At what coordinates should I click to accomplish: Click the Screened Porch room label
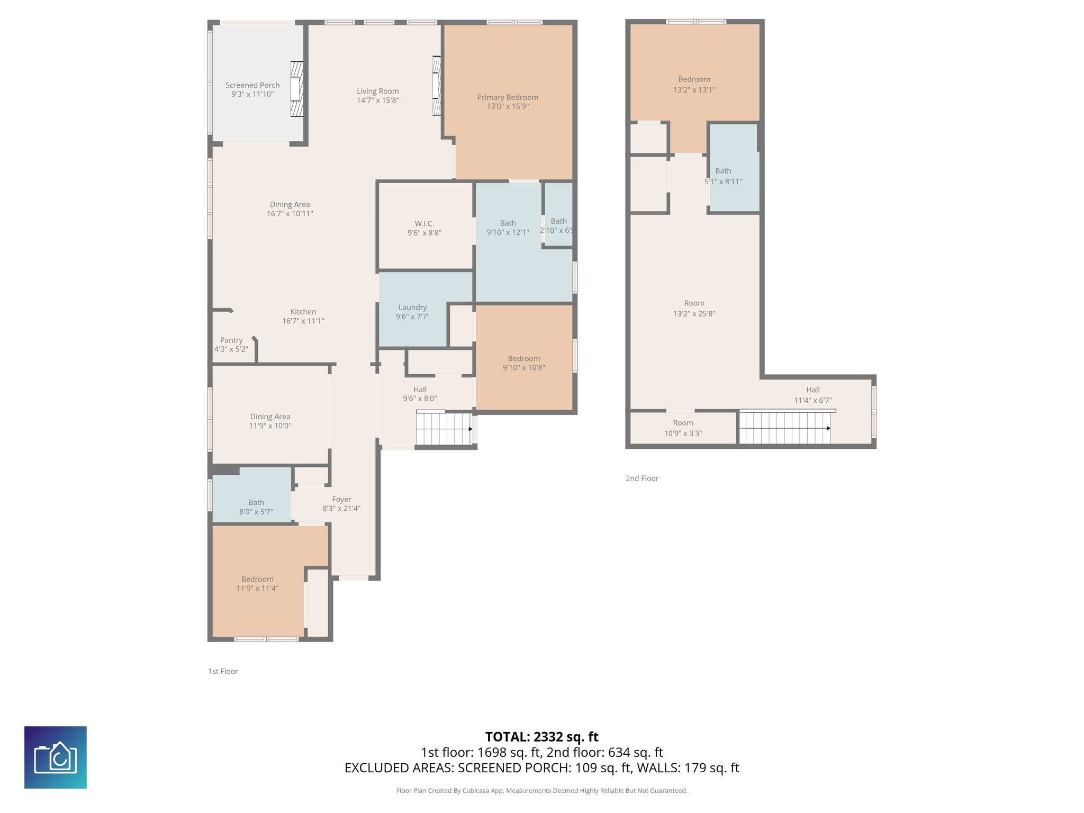[252, 85]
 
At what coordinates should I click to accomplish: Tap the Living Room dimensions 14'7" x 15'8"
[377, 101]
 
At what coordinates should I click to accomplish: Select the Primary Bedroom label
[508, 97]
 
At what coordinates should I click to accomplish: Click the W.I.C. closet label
[424, 224]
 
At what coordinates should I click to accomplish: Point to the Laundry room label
[412, 308]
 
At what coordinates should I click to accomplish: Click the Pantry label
[231, 340]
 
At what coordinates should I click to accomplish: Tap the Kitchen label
[303, 312]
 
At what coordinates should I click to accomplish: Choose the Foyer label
[341, 499]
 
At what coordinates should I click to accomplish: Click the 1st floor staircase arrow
[470, 429]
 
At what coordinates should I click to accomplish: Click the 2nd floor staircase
[784, 428]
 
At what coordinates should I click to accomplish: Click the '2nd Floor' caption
[642, 478]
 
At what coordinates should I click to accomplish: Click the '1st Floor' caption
[223, 671]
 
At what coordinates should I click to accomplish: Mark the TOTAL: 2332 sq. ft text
[541, 737]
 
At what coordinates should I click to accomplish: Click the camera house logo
[56, 757]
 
